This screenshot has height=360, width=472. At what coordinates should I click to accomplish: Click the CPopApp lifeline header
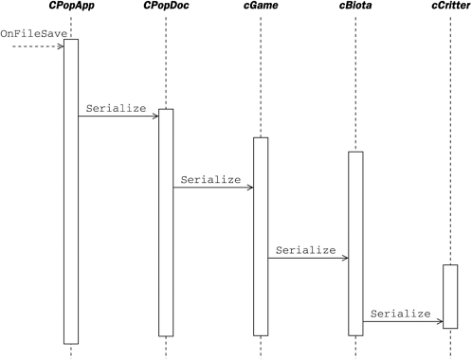point(70,8)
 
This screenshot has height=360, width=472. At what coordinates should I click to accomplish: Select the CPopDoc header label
point(166,8)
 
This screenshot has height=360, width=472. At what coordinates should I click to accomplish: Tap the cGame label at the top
point(261,8)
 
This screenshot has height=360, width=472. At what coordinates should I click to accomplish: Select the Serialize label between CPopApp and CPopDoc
point(116,108)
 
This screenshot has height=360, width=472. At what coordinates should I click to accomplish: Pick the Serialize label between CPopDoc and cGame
point(210,178)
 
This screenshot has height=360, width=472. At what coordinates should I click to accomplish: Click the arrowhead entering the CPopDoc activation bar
point(154,117)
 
